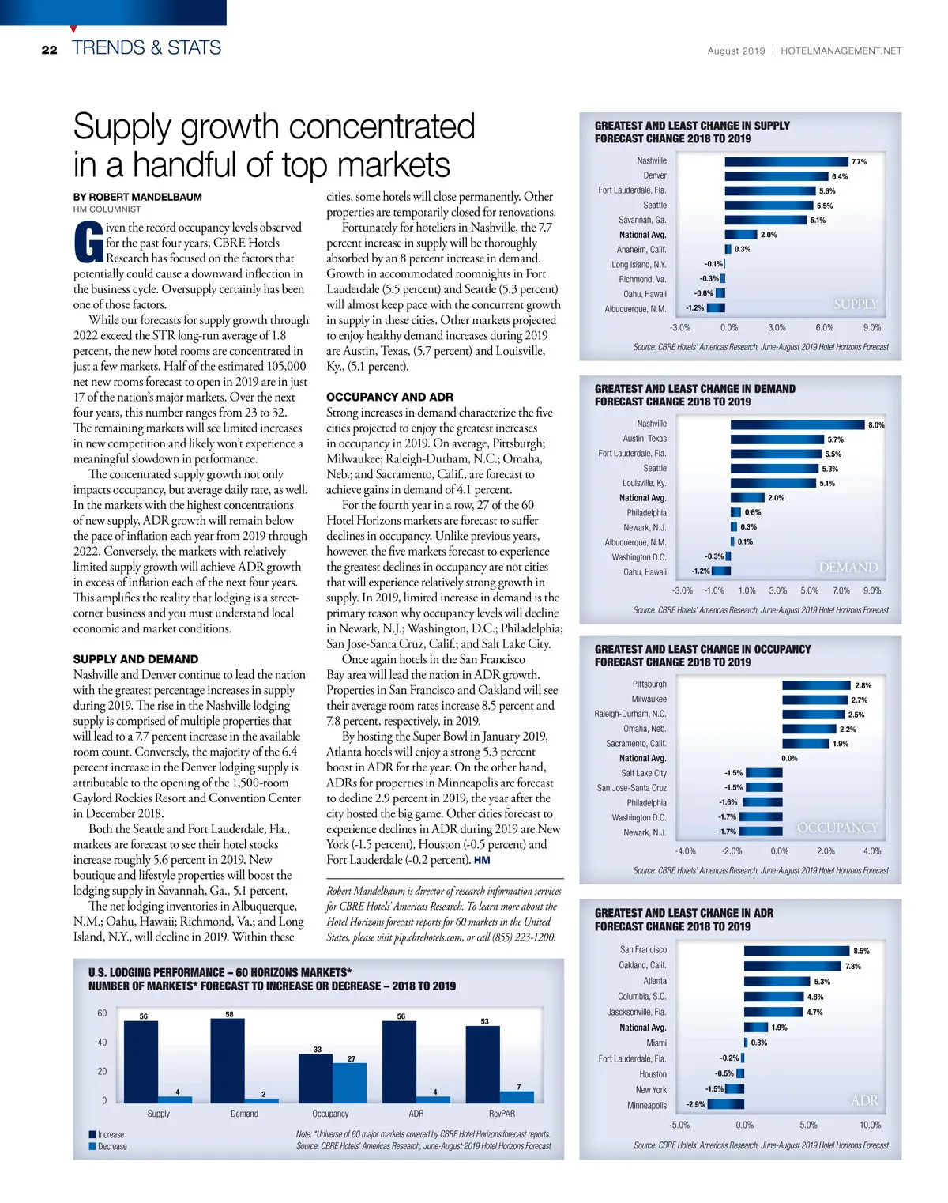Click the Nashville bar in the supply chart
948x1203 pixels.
pyautogui.click(x=786, y=161)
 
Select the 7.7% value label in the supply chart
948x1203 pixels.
pyautogui.click(x=859, y=162)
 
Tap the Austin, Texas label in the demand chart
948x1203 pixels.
pyautogui.click(x=645, y=439)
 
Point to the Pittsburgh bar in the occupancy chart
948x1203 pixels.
pyautogui.click(x=816, y=684)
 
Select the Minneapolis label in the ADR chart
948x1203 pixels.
pyautogui.click(x=647, y=1105)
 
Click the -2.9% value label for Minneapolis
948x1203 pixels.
pyautogui.click(x=695, y=1104)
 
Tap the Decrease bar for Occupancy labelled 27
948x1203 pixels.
pyautogui.click(x=349, y=1082)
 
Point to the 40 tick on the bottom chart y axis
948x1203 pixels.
pyautogui.click(x=102, y=1043)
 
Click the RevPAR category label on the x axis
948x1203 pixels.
pyautogui.click(x=502, y=1114)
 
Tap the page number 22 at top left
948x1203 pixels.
pyautogui.click(x=50, y=50)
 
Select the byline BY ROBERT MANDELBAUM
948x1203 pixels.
pyautogui.click(x=137, y=197)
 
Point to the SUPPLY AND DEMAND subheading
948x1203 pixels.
pyautogui.click(x=136, y=659)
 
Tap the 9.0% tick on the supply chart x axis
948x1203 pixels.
pyautogui.click(x=871, y=327)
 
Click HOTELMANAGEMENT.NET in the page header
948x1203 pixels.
pyautogui.click(x=841, y=51)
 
